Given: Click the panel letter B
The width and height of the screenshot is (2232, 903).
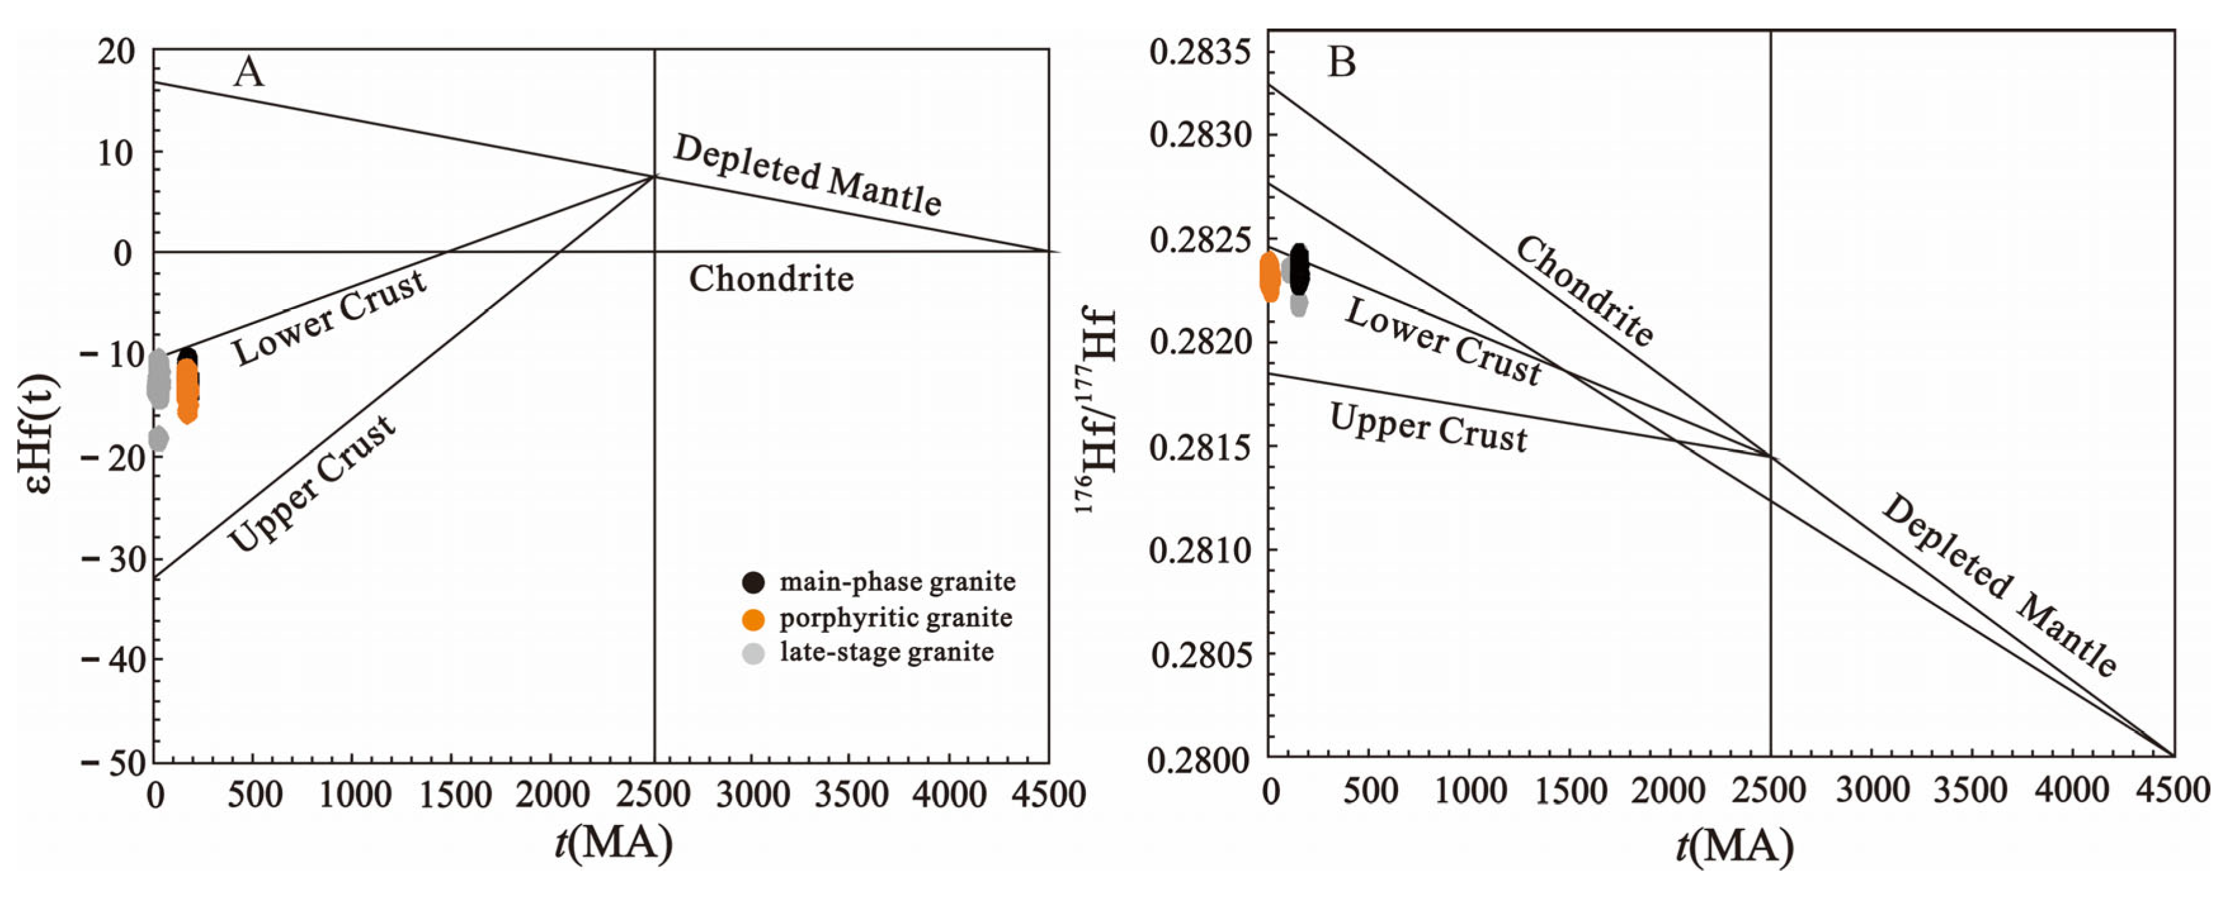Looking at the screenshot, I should [x=1341, y=62].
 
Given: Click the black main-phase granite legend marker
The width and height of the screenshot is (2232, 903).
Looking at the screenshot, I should [x=754, y=581].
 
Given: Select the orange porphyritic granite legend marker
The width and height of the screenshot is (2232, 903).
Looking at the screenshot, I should [x=754, y=619].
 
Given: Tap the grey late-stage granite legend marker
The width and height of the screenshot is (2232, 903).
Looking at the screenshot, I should [x=754, y=653].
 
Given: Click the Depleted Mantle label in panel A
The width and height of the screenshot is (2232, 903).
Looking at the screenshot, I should [x=807, y=176].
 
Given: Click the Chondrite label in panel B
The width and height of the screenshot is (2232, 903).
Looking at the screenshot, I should [x=1584, y=291].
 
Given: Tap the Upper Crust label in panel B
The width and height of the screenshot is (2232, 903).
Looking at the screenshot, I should [x=1428, y=428].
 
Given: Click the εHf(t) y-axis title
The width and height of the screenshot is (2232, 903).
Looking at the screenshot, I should [x=36, y=433].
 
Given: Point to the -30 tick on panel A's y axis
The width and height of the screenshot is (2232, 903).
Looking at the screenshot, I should [x=109, y=559].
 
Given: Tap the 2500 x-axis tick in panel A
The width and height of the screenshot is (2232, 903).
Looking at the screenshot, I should [x=654, y=795].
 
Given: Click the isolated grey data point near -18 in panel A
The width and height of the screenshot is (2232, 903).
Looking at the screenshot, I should [x=158, y=439].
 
